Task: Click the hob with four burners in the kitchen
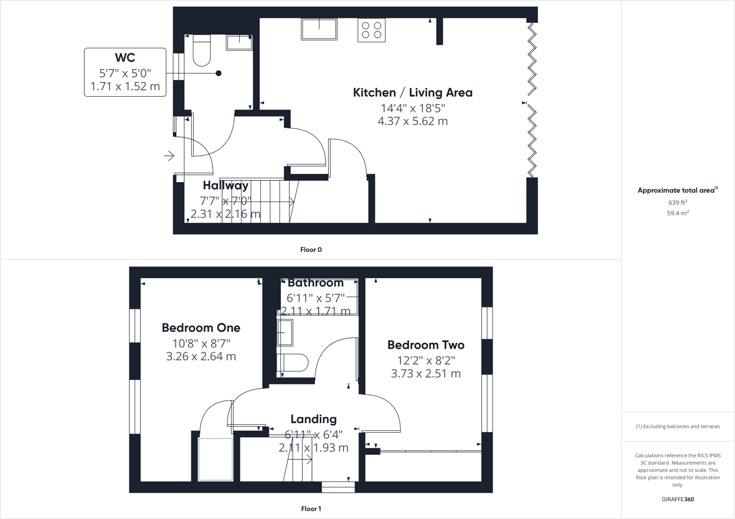click(x=372, y=30)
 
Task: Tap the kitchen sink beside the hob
click(x=319, y=29)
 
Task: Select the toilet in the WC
click(x=202, y=50)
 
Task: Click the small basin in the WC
click(x=239, y=42)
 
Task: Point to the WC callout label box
click(x=125, y=72)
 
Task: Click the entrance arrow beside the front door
click(x=169, y=156)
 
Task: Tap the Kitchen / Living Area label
click(x=412, y=92)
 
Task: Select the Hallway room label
click(x=225, y=185)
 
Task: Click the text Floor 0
click(x=311, y=250)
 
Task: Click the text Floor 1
click(x=311, y=509)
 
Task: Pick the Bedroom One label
click(x=201, y=328)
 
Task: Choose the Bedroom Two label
click(x=426, y=345)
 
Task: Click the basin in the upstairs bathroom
click(x=285, y=332)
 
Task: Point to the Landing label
click(x=313, y=419)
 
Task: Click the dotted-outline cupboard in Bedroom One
click(x=216, y=459)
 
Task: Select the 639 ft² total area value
click(x=677, y=203)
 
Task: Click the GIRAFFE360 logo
click(x=677, y=499)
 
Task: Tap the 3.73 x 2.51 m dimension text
click(x=426, y=374)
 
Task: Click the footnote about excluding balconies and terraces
click(x=677, y=427)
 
